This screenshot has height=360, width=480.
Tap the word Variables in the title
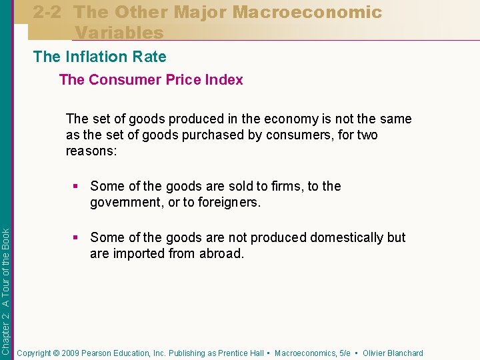(x=119, y=32)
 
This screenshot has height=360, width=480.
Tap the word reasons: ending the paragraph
(x=91, y=151)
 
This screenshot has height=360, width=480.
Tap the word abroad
(x=221, y=254)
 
